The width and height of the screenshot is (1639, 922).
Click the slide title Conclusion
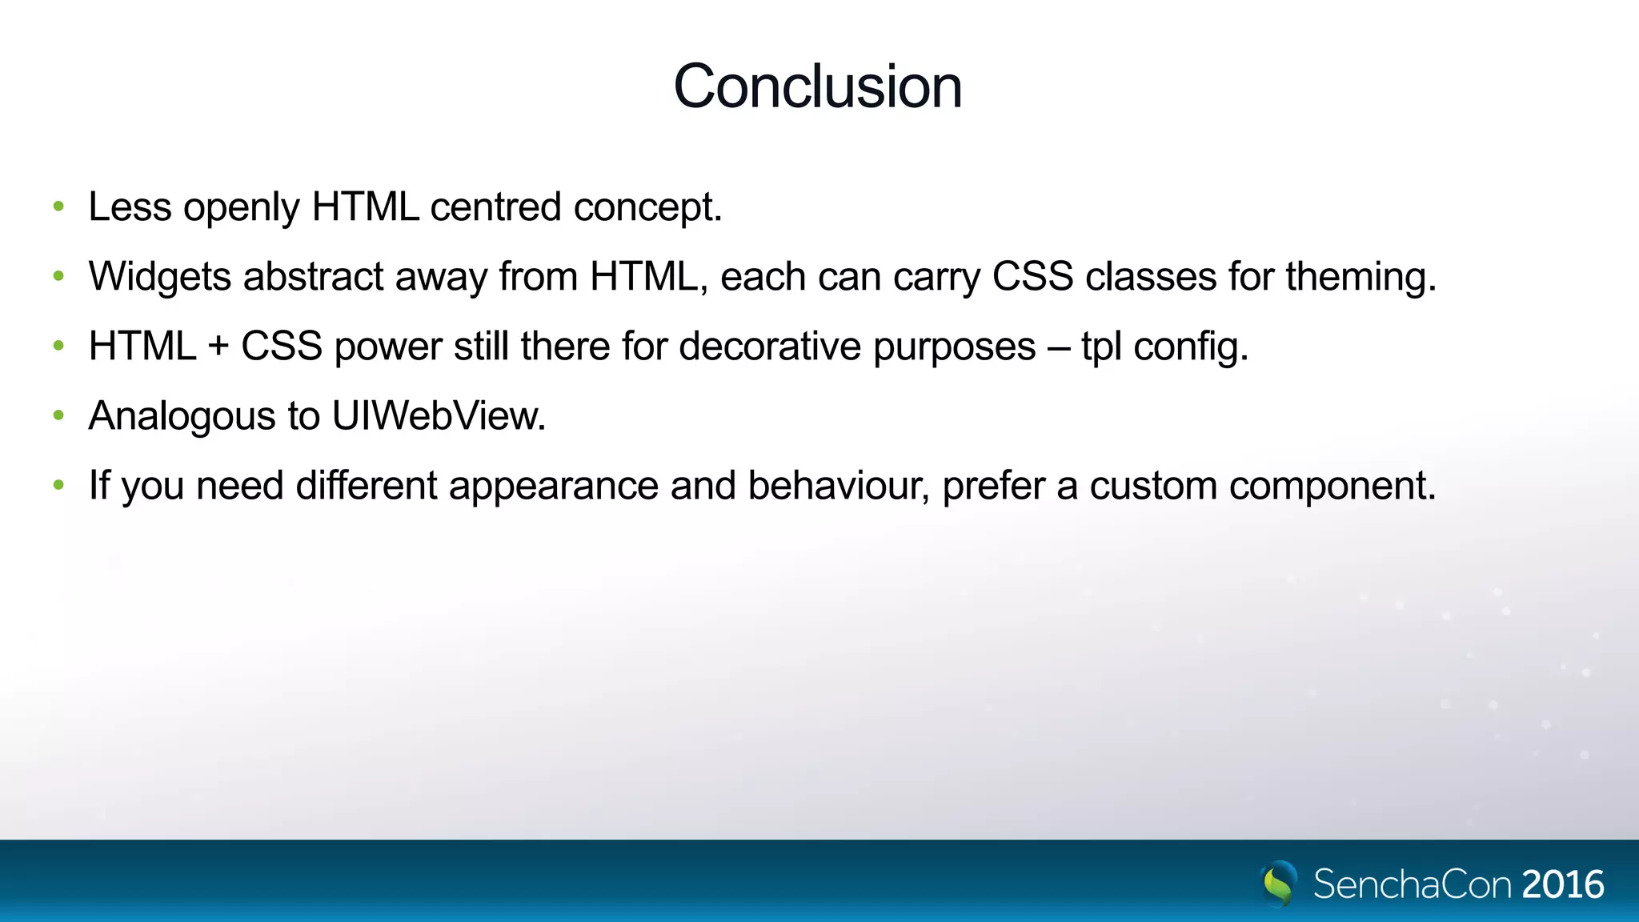coord(818,86)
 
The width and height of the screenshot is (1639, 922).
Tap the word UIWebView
coord(438,416)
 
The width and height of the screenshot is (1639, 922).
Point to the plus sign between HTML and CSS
coord(218,347)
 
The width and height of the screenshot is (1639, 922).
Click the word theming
coord(1360,277)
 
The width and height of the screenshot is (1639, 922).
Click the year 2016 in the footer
coord(1563,884)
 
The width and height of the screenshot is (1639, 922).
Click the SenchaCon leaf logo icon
coord(1279,884)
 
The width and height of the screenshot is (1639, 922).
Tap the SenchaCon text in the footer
coord(1413,884)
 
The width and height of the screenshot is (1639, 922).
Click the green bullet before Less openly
coord(58,207)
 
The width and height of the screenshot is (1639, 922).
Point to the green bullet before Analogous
coord(58,416)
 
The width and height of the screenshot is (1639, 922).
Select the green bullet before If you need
coord(58,486)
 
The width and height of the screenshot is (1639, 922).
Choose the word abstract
coord(314,277)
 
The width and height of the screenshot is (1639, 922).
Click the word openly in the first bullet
coord(242,208)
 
